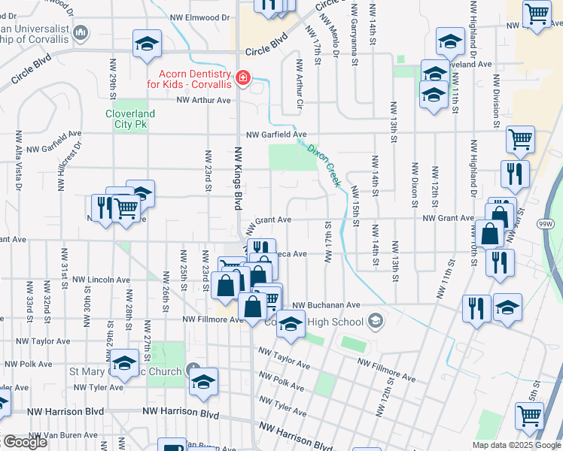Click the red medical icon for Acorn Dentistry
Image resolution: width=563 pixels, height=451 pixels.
(242, 78)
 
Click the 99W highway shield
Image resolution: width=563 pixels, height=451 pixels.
(546, 224)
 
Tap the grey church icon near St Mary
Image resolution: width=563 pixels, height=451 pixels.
(194, 371)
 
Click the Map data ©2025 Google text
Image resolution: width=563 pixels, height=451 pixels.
(516, 445)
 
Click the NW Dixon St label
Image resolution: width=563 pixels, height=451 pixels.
(415, 184)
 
